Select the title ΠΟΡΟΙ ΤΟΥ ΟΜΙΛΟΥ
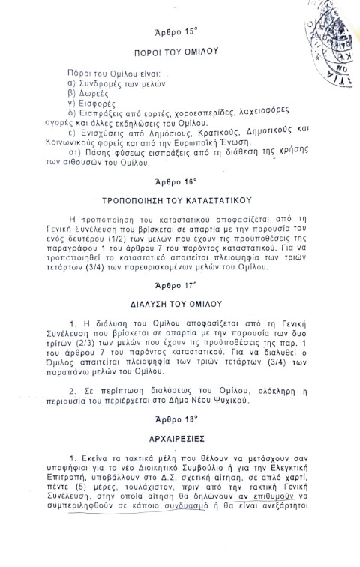(x=175, y=55)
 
